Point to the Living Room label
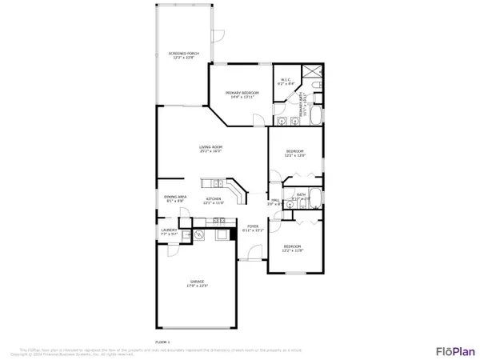[x=210, y=149]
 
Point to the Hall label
[x=274, y=202]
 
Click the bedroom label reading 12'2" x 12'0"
[x=295, y=153]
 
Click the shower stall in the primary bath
[x=314, y=82]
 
